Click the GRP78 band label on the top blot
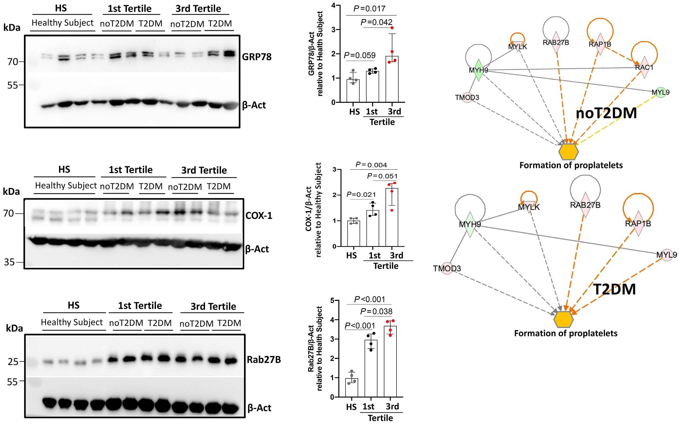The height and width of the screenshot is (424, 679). point(257,57)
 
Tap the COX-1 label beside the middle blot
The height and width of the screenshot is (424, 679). point(259,215)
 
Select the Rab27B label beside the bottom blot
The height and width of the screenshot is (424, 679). point(264,359)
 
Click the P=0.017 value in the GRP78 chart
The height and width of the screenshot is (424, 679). point(369,9)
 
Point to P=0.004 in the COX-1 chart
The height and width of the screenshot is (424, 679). point(371,165)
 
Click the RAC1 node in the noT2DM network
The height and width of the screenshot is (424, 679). point(644,68)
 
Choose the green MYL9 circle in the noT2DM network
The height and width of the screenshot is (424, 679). point(661,92)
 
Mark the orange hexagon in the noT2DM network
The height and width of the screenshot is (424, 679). point(568,152)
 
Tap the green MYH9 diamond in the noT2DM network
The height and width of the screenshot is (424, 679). point(478,70)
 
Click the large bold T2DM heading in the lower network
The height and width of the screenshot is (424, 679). point(615,289)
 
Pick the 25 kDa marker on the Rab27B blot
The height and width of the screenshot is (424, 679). point(13,362)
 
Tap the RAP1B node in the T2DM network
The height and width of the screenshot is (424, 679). point(638,223)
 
